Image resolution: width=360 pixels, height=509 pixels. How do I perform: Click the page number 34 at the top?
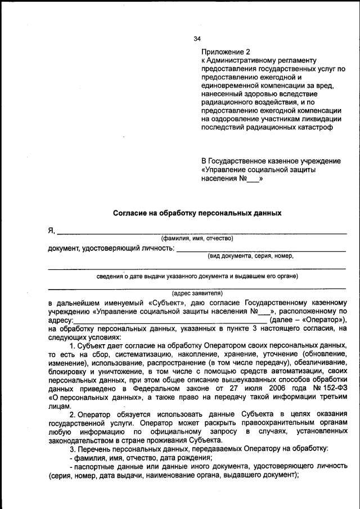point(197,39)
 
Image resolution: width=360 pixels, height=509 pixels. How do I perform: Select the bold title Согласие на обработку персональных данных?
point(197,214)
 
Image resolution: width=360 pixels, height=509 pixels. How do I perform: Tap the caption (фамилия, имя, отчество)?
point(197,238)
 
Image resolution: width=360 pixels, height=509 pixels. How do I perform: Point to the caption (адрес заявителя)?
point(197,293)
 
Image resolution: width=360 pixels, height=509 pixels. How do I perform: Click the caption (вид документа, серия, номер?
point(251,256)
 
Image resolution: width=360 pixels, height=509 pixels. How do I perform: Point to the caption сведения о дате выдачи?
point(197,277)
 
